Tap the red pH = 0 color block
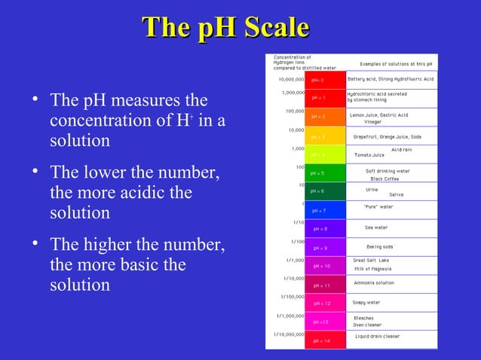click(317, 79)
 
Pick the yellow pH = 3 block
click(317, 136)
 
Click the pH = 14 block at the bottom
click(317, 340)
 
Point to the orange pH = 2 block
click(317, 117)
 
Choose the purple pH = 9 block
click(317, 247)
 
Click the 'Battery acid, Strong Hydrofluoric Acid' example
click(390, 79)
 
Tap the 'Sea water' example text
click(375, 227)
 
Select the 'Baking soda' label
click(378, 247)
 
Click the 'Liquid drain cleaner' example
click(388, 336)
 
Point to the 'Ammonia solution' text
click(374, 283)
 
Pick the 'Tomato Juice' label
click(369, 155)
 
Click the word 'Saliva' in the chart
click(396, 195)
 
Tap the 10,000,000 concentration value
click(290, 79)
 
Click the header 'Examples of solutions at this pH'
click(396, 64)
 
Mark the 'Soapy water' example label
click(366, 303)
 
